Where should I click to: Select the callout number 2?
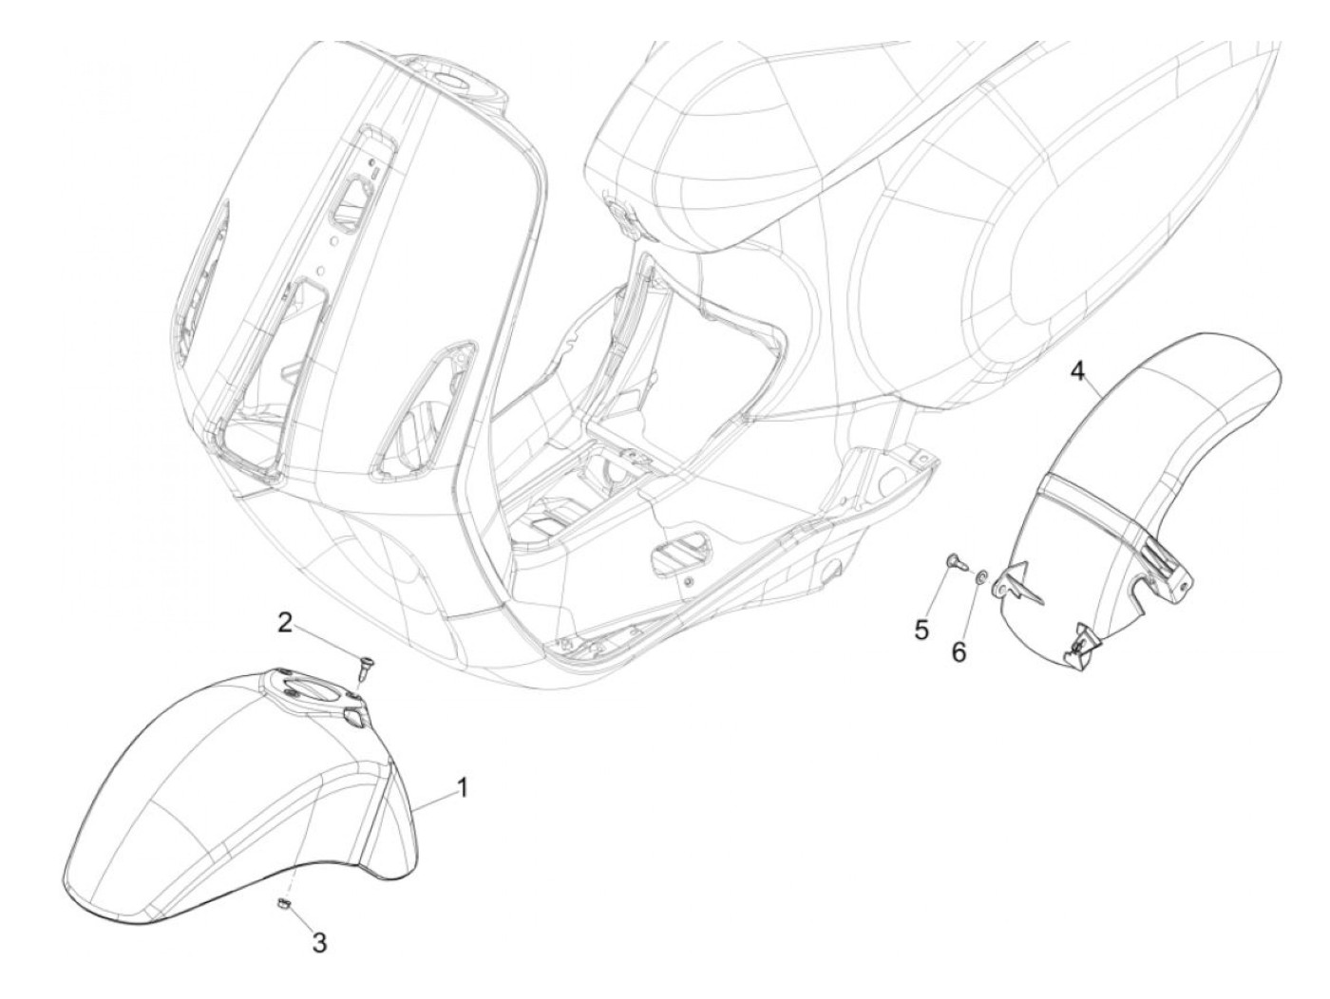point(284,623)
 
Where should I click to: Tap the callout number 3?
point(319,943)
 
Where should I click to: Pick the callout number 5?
point(920,630)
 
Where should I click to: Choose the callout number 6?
point(958,652)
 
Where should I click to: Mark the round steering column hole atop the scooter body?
point(465,77)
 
